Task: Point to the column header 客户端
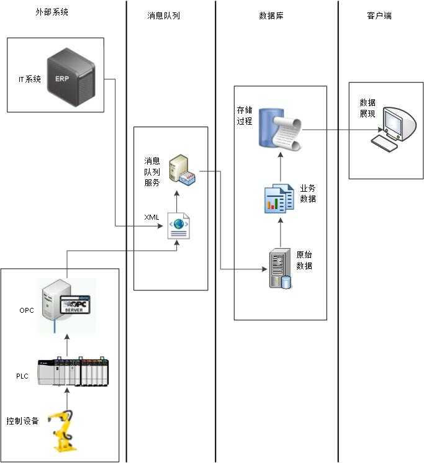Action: pos(379,16)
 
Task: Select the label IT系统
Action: pos(29,79)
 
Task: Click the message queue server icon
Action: pos(183,169)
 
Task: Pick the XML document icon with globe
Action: pos(179,227)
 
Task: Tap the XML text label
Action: pos(151,217)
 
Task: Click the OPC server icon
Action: pos(67,300)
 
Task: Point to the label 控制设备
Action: pos(22,421)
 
